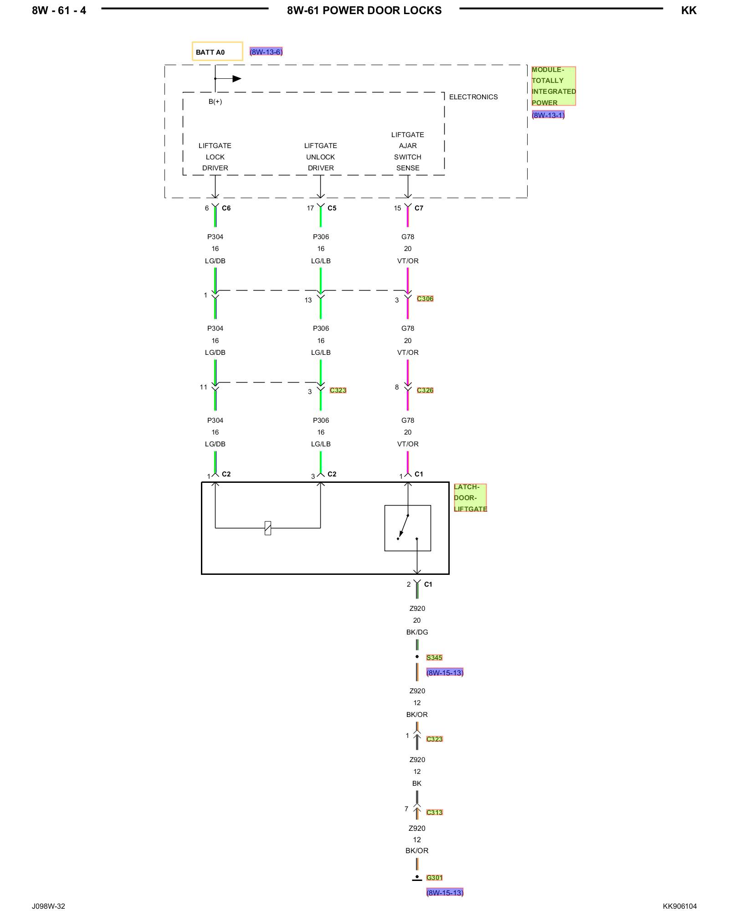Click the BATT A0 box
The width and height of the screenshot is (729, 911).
tap(217, 51)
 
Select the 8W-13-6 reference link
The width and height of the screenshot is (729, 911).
tap(266, 52)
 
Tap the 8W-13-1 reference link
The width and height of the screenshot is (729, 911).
tap(548, 115)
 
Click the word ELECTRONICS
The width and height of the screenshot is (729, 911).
tap(473, 97)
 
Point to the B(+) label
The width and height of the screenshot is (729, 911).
tap(215, 102)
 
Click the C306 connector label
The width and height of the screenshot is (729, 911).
tap(425, 299)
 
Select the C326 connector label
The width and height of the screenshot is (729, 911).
tap(425, 390)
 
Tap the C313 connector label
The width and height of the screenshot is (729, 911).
tap(434, 812)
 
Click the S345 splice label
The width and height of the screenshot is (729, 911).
tap(434, 657)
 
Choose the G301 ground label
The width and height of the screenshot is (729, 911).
tap(434, 878)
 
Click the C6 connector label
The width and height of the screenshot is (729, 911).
tap(226, 208)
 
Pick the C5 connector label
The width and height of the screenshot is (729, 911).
tap(332, 208)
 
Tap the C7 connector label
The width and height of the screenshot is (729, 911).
tap(419, 208)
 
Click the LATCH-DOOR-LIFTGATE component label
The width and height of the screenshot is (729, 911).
tap(470, 498)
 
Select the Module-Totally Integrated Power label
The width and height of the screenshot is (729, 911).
tap(554, 86)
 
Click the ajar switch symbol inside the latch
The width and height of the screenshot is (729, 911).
tap(408, 528)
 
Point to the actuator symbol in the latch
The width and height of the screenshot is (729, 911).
tap(268, 528)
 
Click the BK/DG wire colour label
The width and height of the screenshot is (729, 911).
tap(417, 632)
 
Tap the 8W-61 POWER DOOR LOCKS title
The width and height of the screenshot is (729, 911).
tap(364, 10)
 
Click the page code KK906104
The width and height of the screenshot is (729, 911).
tap(679, 906)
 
